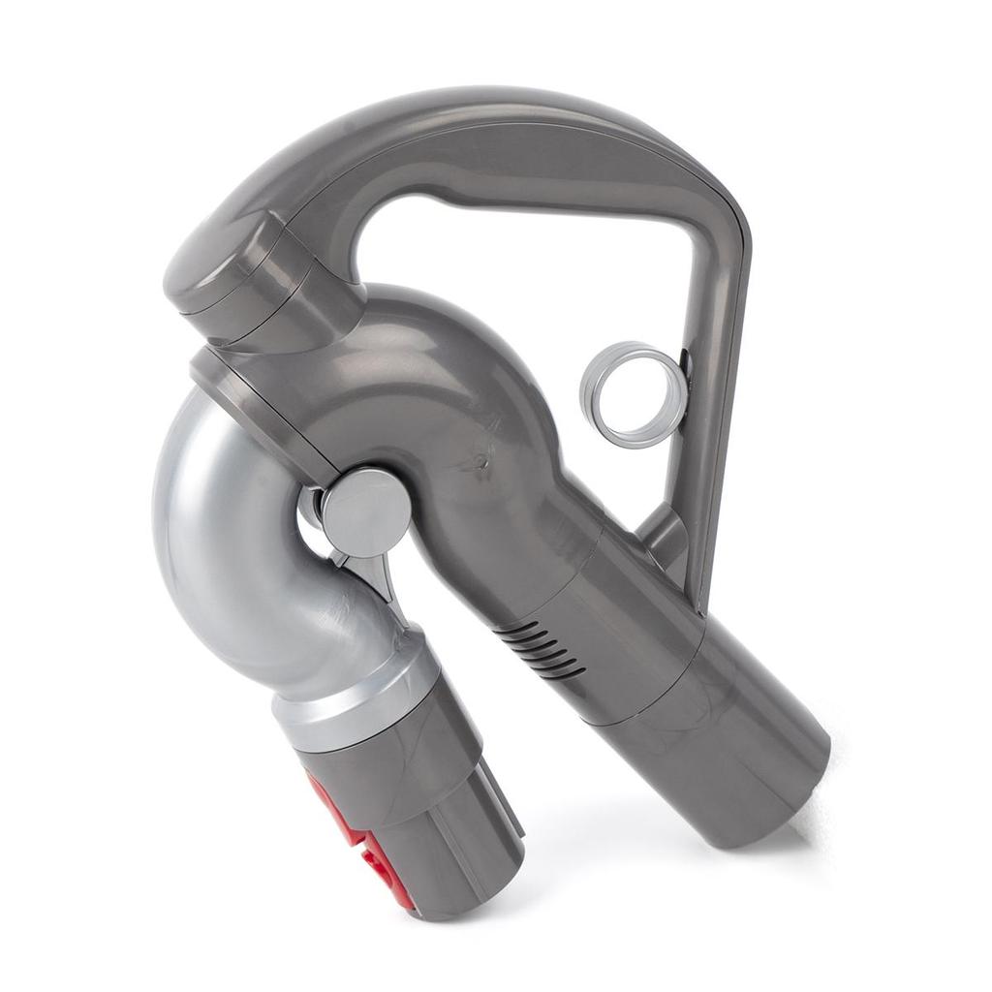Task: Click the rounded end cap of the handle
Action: (208, 271)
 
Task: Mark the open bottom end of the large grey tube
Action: (775, 794)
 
